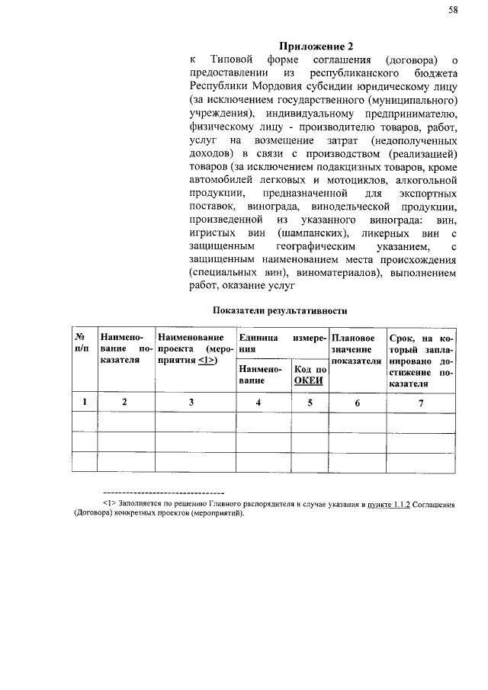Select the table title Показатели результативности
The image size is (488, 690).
click(280, 311)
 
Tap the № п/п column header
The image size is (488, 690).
click(79, 342)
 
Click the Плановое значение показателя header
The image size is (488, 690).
click(354, 348)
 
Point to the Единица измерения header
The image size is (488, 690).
click(282, 342)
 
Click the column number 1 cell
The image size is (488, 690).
click(84, 402)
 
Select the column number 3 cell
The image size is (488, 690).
click(191, 402)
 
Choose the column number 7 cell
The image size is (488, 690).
click(421, 402)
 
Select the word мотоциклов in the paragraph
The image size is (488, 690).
click(368, 181)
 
